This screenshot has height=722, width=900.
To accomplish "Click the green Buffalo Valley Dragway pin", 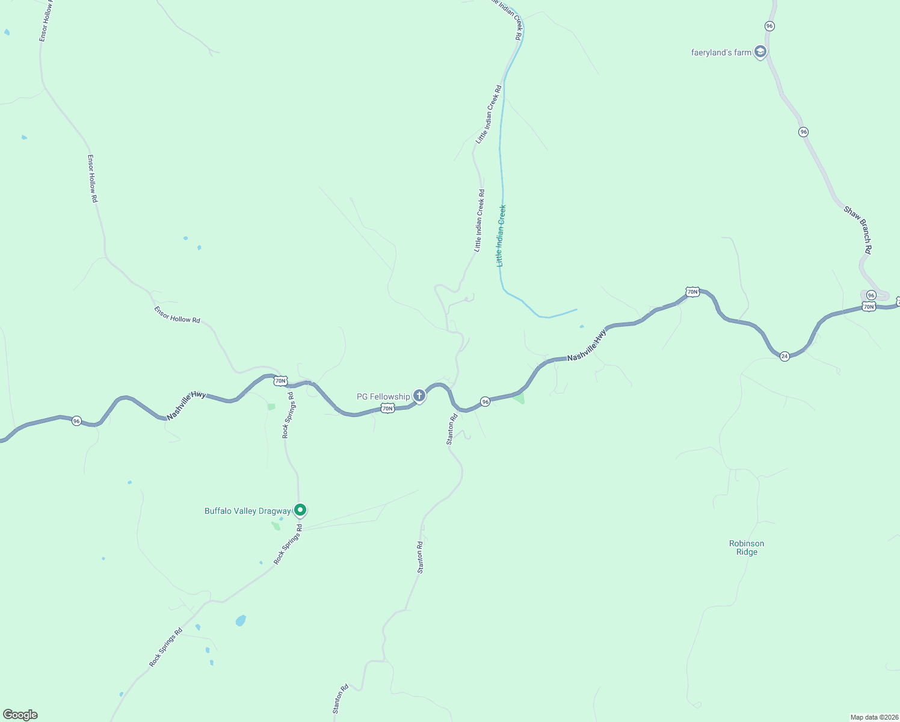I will coord(300,510).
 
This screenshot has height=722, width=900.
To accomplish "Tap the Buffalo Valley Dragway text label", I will coord(247,511).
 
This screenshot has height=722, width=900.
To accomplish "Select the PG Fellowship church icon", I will coord(419,396).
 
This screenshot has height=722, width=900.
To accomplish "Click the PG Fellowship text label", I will coord(383,396).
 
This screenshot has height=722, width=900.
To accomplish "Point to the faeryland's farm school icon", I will coord(760,52).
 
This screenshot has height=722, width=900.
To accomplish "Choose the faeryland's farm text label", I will coord(721,52).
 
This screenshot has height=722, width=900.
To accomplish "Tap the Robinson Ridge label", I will coord(747,548).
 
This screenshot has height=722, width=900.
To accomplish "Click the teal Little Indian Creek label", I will coord(501,236).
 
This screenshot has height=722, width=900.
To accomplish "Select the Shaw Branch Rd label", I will coord(857,230).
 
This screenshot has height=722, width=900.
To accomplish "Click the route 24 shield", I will coord(784,356).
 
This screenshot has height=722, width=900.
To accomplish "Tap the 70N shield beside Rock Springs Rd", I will coord(280,381).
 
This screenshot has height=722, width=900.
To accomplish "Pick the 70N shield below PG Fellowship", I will coord(387,409).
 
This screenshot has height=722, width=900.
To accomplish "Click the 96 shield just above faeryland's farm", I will coord(769,26).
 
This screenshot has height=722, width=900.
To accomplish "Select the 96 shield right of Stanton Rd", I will coord(485,401).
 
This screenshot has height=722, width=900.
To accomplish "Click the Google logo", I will coord(20,715).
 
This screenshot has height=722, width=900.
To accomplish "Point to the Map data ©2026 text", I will coord(874,717).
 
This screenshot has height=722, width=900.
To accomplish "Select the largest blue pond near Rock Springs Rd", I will coord(241,620).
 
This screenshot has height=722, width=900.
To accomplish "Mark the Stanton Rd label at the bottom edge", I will coord(341,699).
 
